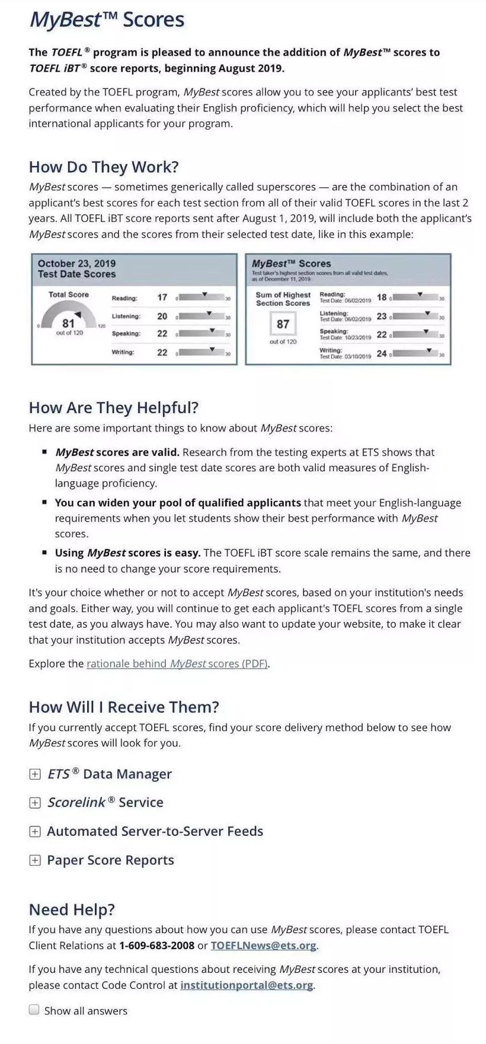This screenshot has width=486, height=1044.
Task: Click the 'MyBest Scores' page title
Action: [107, 20]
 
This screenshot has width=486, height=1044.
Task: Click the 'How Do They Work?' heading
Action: [104, 167]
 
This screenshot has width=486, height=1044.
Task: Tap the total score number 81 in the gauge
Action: [68, 323]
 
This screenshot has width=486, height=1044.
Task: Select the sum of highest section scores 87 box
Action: [283, 324]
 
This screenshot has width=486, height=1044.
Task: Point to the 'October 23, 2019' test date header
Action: [76, 263]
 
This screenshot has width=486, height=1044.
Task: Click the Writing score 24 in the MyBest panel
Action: [382, 353]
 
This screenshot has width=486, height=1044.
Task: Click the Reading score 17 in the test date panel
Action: [162, 298]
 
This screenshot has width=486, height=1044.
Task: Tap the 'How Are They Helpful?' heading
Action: [114, 408]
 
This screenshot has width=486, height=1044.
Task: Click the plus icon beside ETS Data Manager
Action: [35, 774]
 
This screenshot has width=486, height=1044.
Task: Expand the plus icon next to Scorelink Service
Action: [35, 803]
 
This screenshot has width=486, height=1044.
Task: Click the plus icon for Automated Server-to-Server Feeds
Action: [35, 832]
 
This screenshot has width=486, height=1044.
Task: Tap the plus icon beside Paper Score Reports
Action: [35, 860]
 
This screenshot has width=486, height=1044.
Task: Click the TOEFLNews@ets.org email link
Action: [263, 946]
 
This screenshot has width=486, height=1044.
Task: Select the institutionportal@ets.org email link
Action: [247, 985]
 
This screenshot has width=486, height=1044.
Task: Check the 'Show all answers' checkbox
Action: [34, 1010]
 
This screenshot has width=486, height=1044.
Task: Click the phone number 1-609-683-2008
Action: [156, 946]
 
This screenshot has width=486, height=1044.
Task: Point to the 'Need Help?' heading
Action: [72, 910]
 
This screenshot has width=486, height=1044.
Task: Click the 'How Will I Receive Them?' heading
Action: [124, 707]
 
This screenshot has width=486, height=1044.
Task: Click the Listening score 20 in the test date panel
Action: [162, 317]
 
